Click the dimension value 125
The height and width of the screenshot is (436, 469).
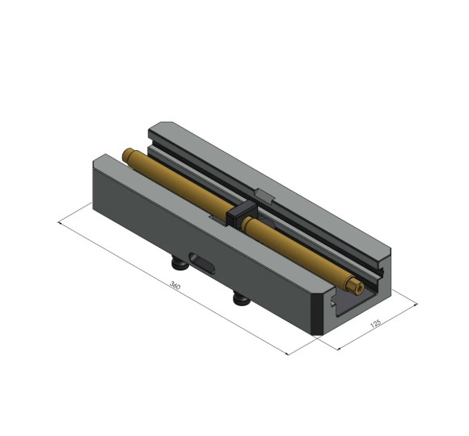tap(374, 325)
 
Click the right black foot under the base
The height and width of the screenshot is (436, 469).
tap(241, 300)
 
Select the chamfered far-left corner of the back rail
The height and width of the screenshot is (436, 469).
tap(155, 127)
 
